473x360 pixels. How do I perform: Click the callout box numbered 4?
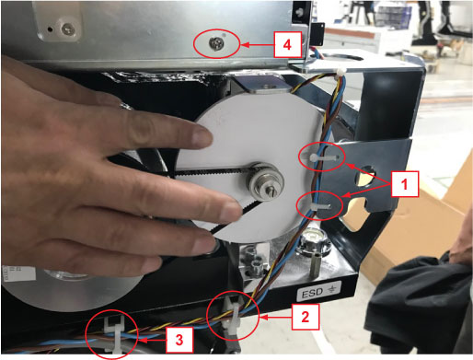(287, 44)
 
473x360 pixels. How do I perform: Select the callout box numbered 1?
(405, 184)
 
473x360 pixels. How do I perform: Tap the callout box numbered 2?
(306, 317)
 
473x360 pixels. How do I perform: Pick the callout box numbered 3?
(179, 340)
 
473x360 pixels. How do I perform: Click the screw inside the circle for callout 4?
(214, 43)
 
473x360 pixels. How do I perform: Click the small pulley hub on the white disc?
(266, 183)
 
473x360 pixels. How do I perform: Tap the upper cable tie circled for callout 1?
(323, 157)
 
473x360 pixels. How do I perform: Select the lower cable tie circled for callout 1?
(320, 206)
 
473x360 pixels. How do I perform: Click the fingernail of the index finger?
(202, 136)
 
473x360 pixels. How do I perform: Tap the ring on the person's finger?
(126, 106)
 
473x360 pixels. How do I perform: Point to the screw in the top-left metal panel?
(68, 29)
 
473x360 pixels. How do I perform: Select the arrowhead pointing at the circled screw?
(244, 45)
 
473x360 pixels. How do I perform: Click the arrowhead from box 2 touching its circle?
(263, 318)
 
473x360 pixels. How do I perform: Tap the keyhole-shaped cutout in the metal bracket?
(364, 176)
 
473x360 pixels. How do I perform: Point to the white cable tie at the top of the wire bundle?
(339, 73)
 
